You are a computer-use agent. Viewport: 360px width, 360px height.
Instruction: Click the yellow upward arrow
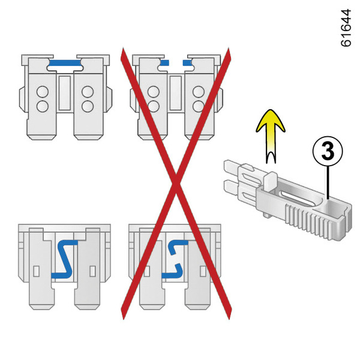point(271,136)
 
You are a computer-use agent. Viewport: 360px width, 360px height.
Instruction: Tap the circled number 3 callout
point(328,152)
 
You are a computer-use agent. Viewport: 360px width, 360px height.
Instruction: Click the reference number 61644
point(346,28)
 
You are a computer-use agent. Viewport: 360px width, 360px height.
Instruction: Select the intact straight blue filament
point(65,63)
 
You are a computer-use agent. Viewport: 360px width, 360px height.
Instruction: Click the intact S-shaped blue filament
point(65,259)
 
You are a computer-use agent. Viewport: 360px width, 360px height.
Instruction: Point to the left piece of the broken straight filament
point(165,62)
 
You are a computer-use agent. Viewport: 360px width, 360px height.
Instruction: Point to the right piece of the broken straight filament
point(187,62)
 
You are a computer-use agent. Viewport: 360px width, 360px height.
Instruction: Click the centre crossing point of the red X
point(176,183)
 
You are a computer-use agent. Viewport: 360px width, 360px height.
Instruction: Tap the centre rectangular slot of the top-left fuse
point(65,93)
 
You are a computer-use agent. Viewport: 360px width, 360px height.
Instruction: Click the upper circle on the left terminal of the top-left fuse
point(43,92)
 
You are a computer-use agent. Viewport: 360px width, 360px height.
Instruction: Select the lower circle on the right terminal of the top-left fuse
point(88,106)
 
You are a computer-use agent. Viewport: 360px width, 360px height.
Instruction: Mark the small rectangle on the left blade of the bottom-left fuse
point(37,271)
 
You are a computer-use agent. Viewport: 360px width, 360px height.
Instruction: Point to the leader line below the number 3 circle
point(328,182)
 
